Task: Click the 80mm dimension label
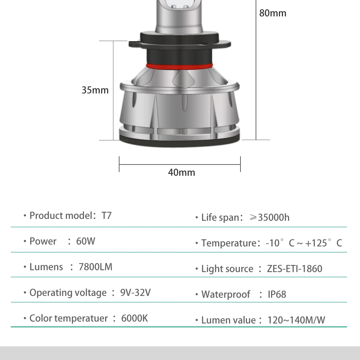coord(273,13)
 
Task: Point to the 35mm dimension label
coord(95,90)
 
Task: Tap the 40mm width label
coord(181,172)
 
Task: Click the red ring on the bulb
coord(179,66)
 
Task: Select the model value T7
coord(107,216)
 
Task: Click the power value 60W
coord(86,241)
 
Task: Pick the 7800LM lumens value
coord(95,267)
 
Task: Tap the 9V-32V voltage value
coord(135,292)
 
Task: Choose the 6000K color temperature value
coord(135,318)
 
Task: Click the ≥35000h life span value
coord(270,217)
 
